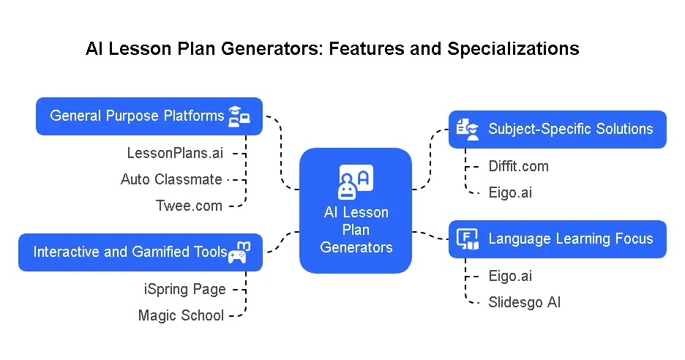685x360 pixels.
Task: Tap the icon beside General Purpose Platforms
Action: (x=239, y=116)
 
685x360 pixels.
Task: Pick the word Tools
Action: (x=212, y=252)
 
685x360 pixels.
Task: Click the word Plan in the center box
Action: (x=356, y=230)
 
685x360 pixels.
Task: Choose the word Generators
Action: (x=356, y=247)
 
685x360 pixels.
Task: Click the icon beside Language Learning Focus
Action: (x=467, y=239)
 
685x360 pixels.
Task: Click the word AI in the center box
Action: (x=332, y=212)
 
